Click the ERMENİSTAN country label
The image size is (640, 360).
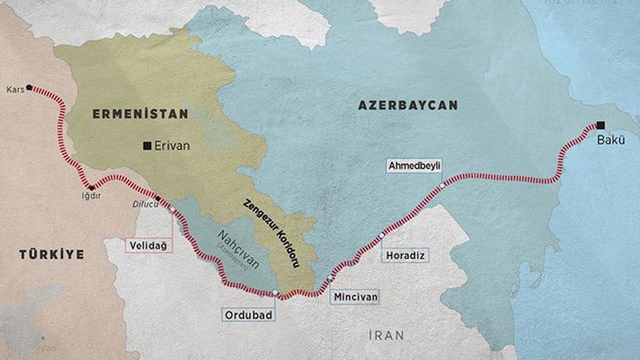pos(140,114)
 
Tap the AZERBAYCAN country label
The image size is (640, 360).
pos(408,105)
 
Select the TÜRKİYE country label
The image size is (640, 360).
pos(52,254)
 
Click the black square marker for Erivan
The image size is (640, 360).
pos(147,146)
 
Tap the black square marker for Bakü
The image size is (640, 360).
pos(600,125)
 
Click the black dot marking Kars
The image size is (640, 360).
pos(29,87)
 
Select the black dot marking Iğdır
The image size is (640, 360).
pos(91,187)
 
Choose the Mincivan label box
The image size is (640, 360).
pos(355,297)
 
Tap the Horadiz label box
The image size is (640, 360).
pos(405,256)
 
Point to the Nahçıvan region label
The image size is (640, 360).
pos(238,248)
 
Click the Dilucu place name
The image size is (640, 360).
pos(142,203)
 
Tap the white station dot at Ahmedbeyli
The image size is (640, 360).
pos(441,186)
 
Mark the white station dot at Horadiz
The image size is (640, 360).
pos(381,235)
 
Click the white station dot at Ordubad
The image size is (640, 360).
pos(275,292)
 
